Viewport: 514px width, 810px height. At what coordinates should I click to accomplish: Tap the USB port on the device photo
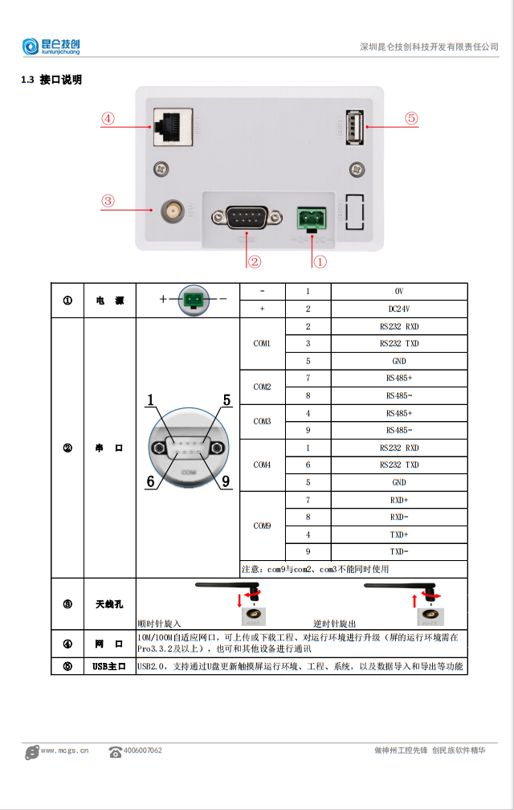tap(353, 127)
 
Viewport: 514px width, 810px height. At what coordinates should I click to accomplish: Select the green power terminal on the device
tap(310, 217)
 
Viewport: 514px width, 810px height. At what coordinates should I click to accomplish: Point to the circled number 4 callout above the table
tap(108, 118)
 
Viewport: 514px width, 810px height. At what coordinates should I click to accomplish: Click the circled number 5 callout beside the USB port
tap(411, 118)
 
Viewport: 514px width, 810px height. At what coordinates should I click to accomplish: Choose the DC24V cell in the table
tap(398, 309)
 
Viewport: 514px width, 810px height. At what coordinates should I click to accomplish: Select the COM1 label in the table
tap(262, 344)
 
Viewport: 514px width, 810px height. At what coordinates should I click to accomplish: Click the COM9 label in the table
tap(262, 526)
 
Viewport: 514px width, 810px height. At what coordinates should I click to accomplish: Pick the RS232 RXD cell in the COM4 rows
tap(398, 448)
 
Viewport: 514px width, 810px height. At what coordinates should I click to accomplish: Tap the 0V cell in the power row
tap(398, 291)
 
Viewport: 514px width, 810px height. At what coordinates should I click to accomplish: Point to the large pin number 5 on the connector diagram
tap(226, 399)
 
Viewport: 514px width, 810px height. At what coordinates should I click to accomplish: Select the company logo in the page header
tap(51, 47)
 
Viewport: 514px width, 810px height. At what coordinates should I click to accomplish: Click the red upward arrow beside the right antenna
tap(415, 599)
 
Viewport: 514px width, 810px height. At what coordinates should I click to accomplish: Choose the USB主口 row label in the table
tap(110, 666)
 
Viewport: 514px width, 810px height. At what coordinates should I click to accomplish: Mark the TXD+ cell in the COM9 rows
tap(398, 534)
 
